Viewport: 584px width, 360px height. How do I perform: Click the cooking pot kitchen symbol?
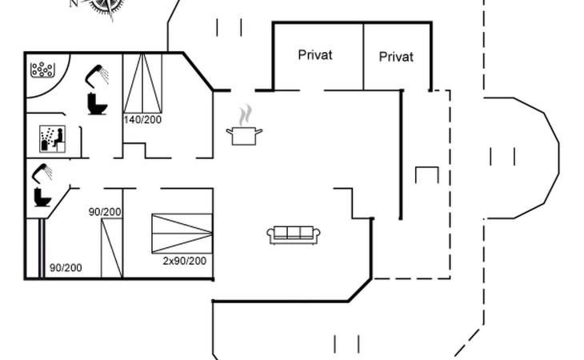pos(244,135)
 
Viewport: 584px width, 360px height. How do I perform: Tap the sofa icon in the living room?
pos(294,235)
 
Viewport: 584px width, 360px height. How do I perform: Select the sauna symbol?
pos(53,139)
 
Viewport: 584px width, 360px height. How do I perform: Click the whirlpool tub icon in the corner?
pos(42,70)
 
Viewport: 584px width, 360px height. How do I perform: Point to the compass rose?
pos(107,7)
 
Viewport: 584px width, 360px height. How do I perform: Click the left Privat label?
pos(315,55)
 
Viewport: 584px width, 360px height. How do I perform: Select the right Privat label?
pos(396,57)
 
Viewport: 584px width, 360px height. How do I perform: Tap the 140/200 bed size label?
pos(142,119)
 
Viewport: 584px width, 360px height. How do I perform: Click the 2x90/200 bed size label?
pos(185,261)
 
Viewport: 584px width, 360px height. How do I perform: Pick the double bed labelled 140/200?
pos(142,83)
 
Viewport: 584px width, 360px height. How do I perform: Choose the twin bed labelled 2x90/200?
pos(182,234)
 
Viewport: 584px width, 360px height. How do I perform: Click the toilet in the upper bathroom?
pos(98,104)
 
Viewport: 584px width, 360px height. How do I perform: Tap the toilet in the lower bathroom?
pos(42,198)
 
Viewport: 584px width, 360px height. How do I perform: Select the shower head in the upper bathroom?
pos(97,75)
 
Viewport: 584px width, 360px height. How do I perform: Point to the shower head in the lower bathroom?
pos(42,173)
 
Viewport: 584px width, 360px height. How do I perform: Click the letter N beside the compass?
pos(74,3)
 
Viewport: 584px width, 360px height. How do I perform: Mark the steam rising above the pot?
pos(245,115)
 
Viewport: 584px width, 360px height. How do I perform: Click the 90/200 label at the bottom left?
pos(66,268)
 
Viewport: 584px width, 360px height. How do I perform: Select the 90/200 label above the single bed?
pos(105,212)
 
